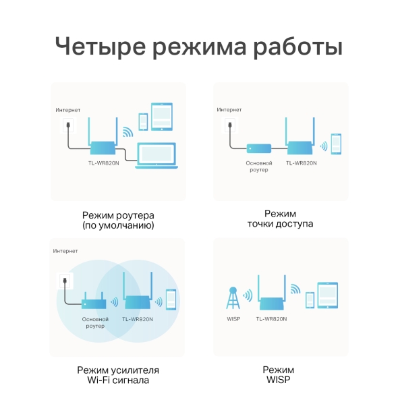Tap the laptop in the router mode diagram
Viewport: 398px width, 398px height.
tap(159, 157)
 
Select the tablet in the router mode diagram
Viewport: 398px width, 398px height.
tap(162, 116)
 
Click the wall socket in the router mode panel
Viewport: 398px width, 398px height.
tap(67, 125)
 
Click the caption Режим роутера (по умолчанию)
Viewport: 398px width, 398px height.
tap(118, 220)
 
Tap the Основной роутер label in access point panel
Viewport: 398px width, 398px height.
tap(258, 166)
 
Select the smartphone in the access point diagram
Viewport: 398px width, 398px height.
tap(336, 144)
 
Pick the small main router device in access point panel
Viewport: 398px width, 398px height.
tap(258, 148)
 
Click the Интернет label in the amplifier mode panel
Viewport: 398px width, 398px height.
tap(66, 250)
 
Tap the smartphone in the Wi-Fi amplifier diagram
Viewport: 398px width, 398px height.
tap(171, 300)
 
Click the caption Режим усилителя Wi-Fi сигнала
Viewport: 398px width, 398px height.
tap(118, 375)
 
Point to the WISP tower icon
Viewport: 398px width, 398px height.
tap(232, 298)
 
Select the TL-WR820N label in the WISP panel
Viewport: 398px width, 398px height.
tap(272, 318)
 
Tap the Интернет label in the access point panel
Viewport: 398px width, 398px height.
tap(229, 109)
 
